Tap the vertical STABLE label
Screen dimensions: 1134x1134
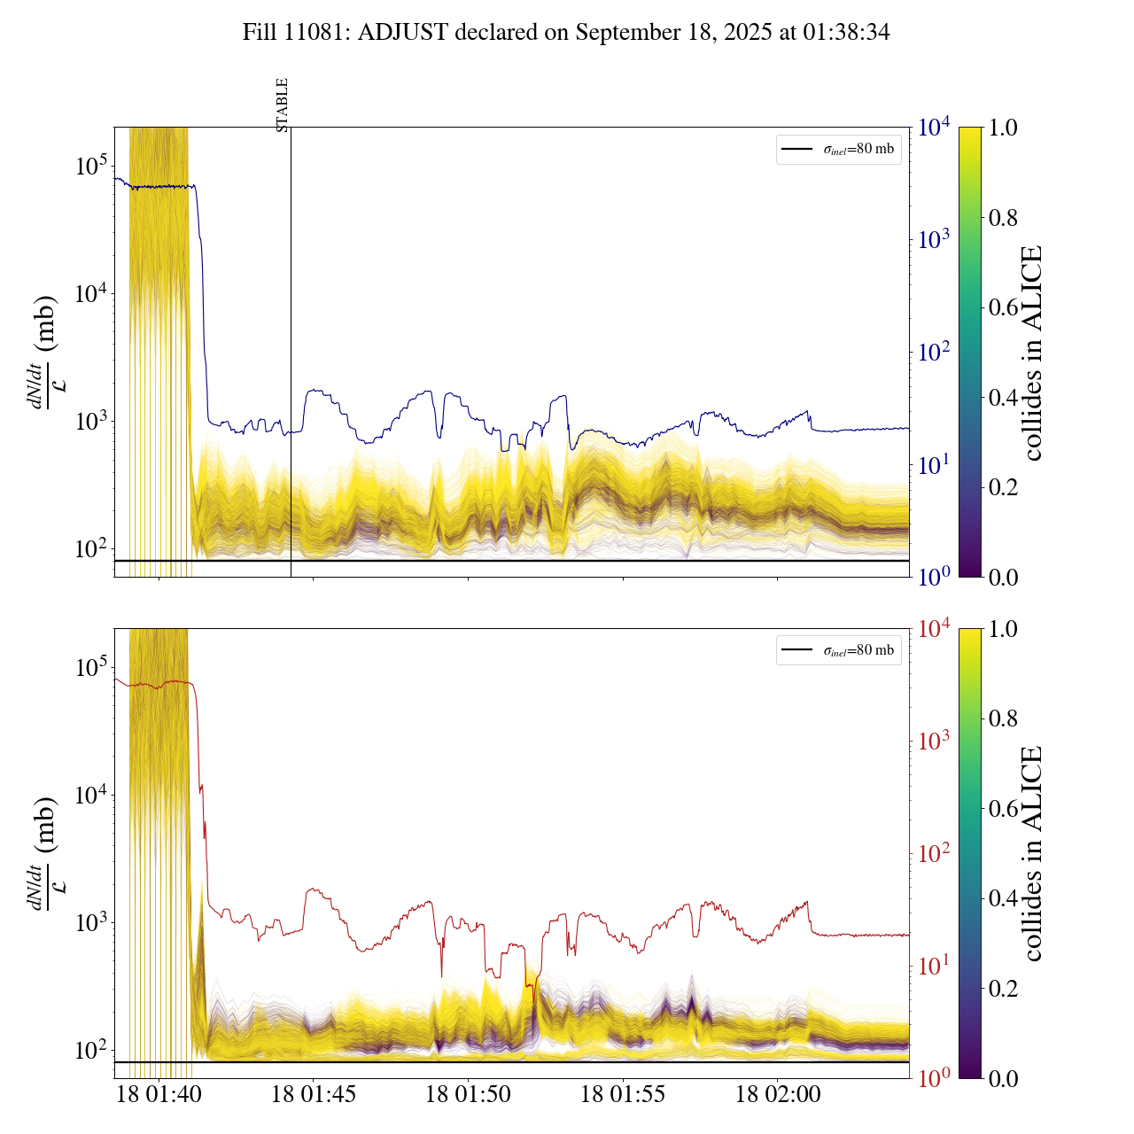(283, 105)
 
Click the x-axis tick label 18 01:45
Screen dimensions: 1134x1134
(314, 1095)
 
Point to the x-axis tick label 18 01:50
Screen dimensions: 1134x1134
(468, 1095)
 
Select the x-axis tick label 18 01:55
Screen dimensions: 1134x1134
(623, 1095)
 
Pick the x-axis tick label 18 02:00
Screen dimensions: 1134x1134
(778, 1095)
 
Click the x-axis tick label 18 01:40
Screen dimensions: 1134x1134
(159, 1095)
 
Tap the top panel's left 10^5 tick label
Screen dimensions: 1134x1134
(90, 166)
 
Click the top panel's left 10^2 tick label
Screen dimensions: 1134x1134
(90, 548)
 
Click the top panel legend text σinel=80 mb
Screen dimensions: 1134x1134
(858, 150)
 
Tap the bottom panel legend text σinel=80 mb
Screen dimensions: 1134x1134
(858, 651)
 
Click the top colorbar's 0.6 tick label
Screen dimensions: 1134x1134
(1003, 307)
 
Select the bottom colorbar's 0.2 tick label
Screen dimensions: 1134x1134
(1003, 989)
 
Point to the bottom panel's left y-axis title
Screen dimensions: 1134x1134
(44, 854)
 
